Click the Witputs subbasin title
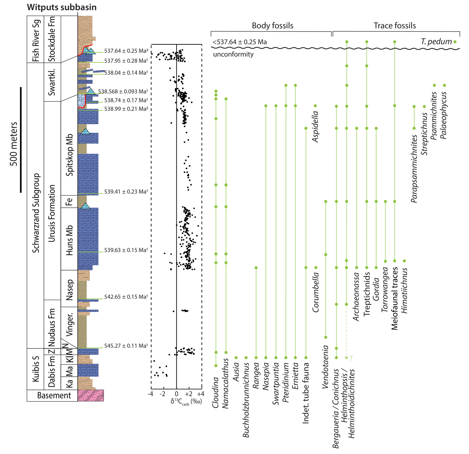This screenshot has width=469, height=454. click(x=62, y=7)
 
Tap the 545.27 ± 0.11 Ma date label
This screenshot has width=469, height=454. click(x=126, y=346)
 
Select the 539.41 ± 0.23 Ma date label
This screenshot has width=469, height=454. click(x=126, y=191)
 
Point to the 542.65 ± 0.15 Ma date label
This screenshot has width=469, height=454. click(x=126, y=297)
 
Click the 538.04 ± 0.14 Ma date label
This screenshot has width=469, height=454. click(x=126, y=73)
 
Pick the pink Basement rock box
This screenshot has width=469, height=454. click(x=91, y=396)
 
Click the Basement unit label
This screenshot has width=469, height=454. click(x=54, y=396)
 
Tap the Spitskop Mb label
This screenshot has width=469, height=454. click(x=70, y=155)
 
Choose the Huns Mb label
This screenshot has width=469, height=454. click(x=70, y=240)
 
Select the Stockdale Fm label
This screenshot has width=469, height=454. click(x=52, y=39)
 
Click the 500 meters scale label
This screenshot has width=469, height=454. click(x=14, y=144)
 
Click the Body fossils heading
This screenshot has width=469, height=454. click(x=272, y=26)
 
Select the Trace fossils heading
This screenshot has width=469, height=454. click(x=395, y=26)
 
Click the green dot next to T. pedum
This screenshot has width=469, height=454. click(x=455, y=42)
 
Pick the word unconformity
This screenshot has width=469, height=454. click(x=233, y=54)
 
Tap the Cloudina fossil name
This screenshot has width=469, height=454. click(x=215, y=393)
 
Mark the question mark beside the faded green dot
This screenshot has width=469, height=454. click(x=351, y=358)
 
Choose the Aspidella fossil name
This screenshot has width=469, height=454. click(x=315, y=127)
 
